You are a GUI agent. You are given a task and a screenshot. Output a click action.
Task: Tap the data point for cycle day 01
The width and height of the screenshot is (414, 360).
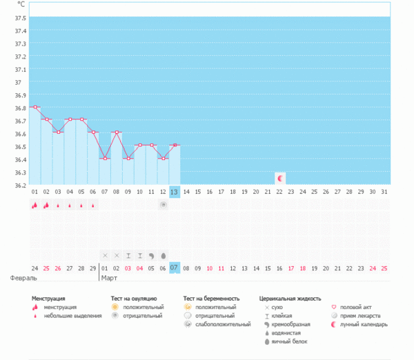[x=35, y=107]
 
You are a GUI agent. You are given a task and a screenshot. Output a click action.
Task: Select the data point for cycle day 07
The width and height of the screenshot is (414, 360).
[x=105, y=159]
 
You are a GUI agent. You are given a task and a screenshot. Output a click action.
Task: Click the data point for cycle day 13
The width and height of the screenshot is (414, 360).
[x=175, y=146]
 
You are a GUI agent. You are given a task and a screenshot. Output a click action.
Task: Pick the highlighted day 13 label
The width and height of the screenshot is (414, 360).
[x=175, y=192]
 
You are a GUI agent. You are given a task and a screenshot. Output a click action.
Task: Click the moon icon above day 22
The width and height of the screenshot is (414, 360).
[x=279, y=178]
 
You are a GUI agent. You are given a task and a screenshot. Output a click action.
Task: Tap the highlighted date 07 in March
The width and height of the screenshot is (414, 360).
[x=175, y=267]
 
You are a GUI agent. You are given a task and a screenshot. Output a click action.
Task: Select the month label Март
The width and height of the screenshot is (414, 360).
[x=110, y=278]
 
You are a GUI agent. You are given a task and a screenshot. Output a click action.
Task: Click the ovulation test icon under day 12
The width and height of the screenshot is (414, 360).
[x=163, y=205]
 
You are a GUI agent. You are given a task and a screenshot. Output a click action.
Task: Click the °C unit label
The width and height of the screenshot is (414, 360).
[x=21, y=5]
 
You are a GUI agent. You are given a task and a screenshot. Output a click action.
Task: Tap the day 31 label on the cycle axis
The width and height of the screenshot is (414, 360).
[x=384, y=192]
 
